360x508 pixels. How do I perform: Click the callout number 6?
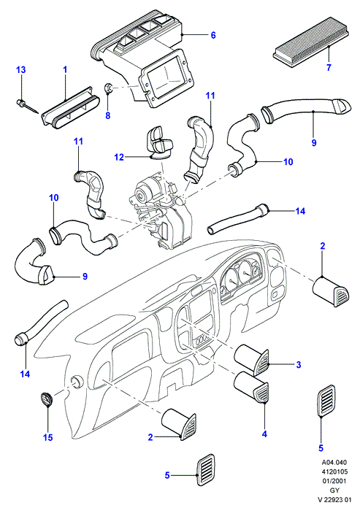click(x=213, y=34)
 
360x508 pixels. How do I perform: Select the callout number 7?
click(x=329, y=67)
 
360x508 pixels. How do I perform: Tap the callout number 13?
click(x=21, y=69)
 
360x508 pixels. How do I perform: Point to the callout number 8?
click(x=108, y=115)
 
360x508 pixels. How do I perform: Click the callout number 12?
click(x=119, y=157)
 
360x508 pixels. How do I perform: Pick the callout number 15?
click(x=47, y=437)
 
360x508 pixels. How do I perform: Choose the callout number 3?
click(x=299, y=364)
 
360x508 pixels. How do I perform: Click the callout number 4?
click(x=264, y=434)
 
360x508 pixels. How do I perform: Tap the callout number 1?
click(x=65, y=69)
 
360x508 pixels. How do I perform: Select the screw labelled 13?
click(x=26, y=107)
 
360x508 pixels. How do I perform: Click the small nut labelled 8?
click(x=109, y=88)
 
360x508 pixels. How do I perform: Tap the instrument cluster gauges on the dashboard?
click(x=240, y=276)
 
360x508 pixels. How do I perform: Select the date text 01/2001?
click(x=335, y=481)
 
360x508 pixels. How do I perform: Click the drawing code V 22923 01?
click(x=334, y=500)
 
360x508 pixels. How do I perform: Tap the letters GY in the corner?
click(x=335, y=490)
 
